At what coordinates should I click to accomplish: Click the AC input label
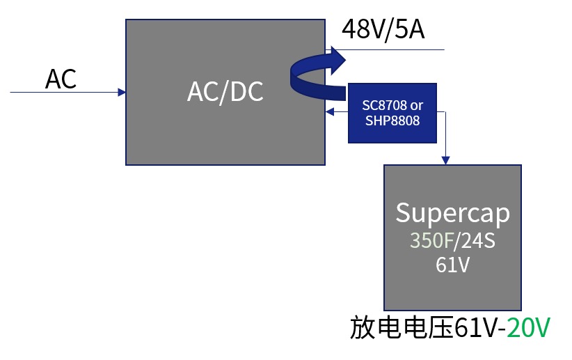[61, 79]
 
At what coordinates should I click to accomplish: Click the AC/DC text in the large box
[225, 91]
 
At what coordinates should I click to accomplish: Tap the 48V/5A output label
[382, 30]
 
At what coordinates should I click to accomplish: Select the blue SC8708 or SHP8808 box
[392, 113]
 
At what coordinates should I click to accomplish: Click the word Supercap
[452, 212]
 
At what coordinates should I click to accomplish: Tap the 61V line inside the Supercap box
[452, 265]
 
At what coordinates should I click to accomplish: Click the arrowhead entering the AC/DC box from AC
[122, 92]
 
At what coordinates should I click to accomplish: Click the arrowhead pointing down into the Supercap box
[445, 161]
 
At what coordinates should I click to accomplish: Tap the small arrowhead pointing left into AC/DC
[329, 111]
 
